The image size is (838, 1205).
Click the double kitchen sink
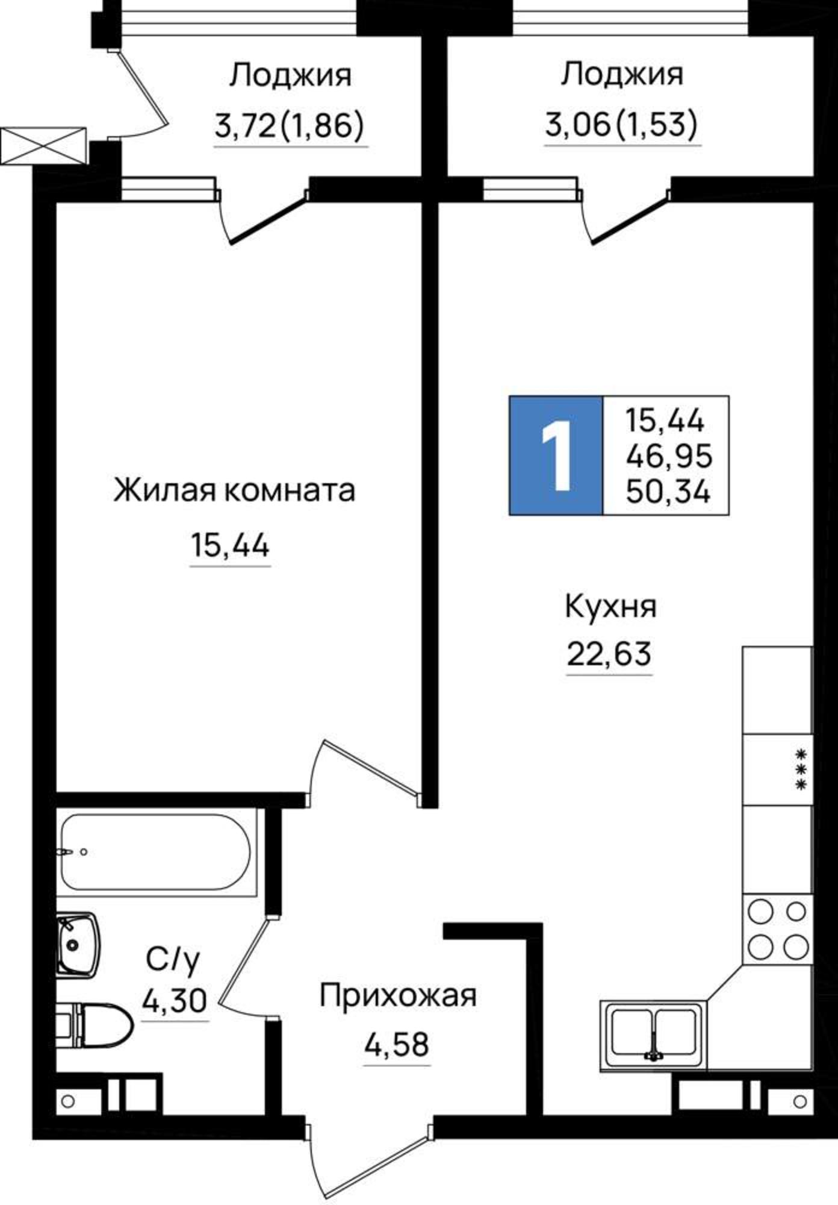pos(654,1034)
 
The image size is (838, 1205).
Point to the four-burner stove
pos(777,930)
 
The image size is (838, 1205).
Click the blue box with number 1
pos(556,455)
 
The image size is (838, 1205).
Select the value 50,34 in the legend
pos(668,492)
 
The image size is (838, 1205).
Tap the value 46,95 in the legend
pos(669,456)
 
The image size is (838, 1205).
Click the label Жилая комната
pos(234,490)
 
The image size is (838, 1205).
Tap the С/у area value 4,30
pos(175,1001)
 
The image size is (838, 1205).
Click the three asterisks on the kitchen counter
pos(801,769)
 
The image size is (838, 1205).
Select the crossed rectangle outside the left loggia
pos(43,145)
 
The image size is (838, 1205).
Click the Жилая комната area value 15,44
pos(230,546)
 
